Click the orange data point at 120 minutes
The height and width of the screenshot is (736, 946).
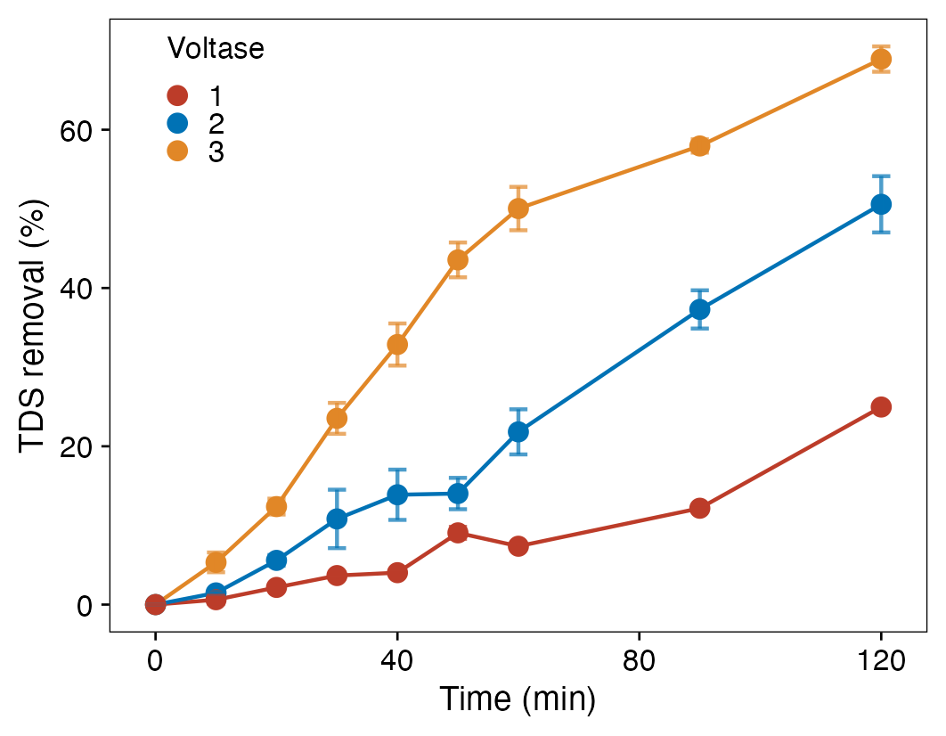point(881,59)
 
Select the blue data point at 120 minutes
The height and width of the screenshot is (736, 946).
point(881,204)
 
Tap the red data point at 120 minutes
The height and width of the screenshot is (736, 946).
point(881,407)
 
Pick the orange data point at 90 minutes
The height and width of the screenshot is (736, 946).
point(699,146)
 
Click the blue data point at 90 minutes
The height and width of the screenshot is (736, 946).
point(699,309)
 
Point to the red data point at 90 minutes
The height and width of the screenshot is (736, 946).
point(699,508)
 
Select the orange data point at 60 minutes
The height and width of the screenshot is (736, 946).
point(518,209)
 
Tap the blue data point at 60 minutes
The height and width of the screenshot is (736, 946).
point(518,431)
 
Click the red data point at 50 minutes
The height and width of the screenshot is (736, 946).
point(458,533)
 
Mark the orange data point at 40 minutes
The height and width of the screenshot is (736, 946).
point(397,344)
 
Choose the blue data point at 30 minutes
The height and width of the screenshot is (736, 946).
point(337,519)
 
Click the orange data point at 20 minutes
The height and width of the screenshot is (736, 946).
point(276,506)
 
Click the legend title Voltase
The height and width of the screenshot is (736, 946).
point(216,48)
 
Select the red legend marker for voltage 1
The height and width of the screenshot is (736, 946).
point(178,95)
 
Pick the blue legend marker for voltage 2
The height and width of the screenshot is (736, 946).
point(178,124)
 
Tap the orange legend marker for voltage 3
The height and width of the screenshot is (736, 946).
point(178,151)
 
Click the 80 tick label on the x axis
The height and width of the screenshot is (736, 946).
point(640,661)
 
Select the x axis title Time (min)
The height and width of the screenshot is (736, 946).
point(518,699)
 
